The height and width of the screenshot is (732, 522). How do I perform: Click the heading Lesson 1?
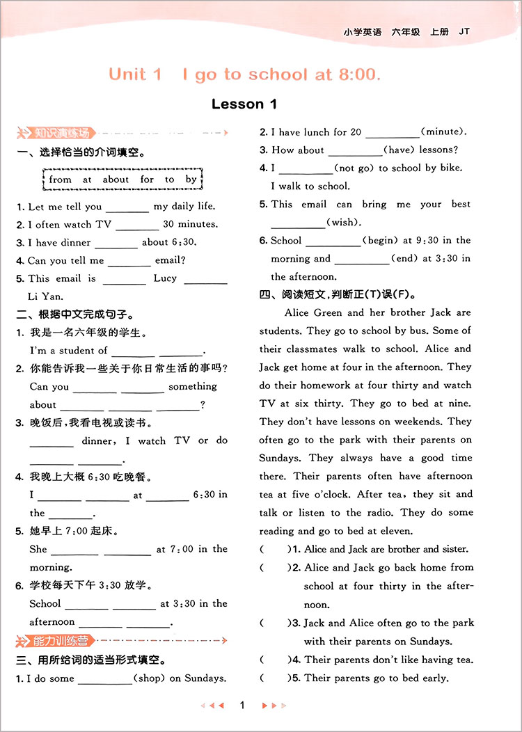pyautogui.click(x=244, y=104)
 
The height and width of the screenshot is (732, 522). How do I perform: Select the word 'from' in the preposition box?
pyautogui.click(x=61, y=179)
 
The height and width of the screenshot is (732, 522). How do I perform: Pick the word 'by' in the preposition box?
pyautogui.click(x=191, y=179)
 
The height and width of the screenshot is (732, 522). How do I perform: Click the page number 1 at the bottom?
pyautogui.click(x=242, y=706)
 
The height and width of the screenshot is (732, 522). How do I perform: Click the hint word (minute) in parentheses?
pyautogui.click(x=443, y=132)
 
